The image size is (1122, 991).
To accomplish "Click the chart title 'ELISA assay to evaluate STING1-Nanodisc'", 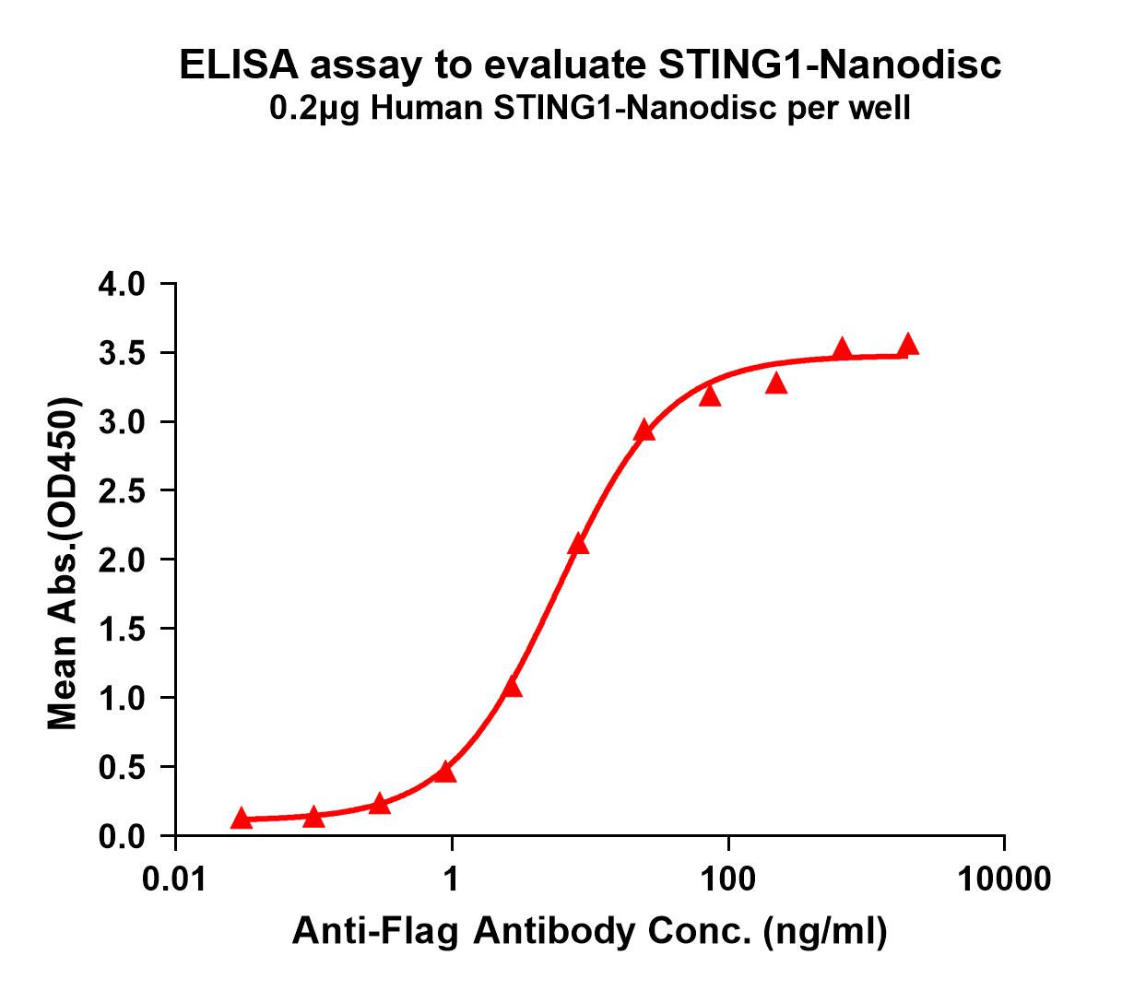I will click(589, 65).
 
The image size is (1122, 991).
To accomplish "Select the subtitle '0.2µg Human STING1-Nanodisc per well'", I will click(589, 110).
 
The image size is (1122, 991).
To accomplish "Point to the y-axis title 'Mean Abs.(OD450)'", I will click(63, 565).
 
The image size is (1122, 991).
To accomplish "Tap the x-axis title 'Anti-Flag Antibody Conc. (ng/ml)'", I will click(589, 932).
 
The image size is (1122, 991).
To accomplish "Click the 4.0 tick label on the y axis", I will click(122, 284).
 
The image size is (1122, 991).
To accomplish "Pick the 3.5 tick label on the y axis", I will click(122, 353).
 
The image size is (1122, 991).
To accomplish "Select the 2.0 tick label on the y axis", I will click(122, 560).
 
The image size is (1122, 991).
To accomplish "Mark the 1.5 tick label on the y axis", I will click(122, 629).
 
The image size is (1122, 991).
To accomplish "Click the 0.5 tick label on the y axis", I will click(122, 767).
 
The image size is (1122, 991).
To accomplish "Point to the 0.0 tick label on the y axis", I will click(122, 836).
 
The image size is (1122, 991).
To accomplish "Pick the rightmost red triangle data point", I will click(908, 345).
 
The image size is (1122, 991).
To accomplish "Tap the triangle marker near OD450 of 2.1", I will click(578, 545).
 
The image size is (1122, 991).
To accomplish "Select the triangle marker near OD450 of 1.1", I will click(513, 688).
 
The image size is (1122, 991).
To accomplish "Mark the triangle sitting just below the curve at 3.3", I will click(776, 383).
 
